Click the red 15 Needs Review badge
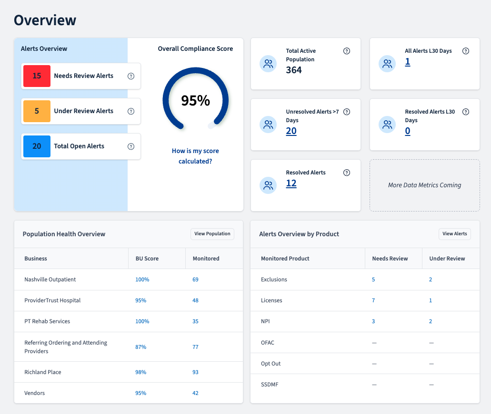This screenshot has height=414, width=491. pyautogui.click(x=37, y=76)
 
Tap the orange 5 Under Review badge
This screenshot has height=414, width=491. pyautogui.click(x=37, y=111)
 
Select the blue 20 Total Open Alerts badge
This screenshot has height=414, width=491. pyautogui.click(x=37, y=146)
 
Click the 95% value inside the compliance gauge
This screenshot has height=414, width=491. pyautogui.click(x=195, y=101)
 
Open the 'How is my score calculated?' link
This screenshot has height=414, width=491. pyautogui.click(x=195, y=156)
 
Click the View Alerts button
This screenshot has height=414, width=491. pyautogui.click(x=455, y=234)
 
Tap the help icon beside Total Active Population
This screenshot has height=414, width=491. pyautogui.click(x=347, y=51)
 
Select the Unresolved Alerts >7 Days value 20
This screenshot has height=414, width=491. pyautogui.click(x=291, y=131)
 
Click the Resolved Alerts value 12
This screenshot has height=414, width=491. pyautogui.click(x=291, y=183)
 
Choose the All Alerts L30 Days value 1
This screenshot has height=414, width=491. pyautogui.click(x=407, y=62)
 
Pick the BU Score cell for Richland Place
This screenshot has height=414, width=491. pyautogui.click(x=140, y=372)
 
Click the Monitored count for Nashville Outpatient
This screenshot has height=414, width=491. pyautogui.click(x=195, y=279)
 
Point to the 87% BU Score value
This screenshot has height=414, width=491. pyautogui.click(x=140, y=347)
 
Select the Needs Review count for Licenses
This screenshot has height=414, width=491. pyautogui.click(x=373, y=300)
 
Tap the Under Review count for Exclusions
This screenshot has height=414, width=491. pyautogui.click(x=431, y=279)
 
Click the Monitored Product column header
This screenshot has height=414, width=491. pyautogui.click(x=285, y=259)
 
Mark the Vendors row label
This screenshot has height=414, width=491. pyautogui.click(x=34, y=393)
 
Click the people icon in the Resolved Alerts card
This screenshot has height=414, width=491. pyautogui.click(x=268, y=185)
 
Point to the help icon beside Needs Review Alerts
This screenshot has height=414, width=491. pyautogui.click(x=131, y=76)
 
